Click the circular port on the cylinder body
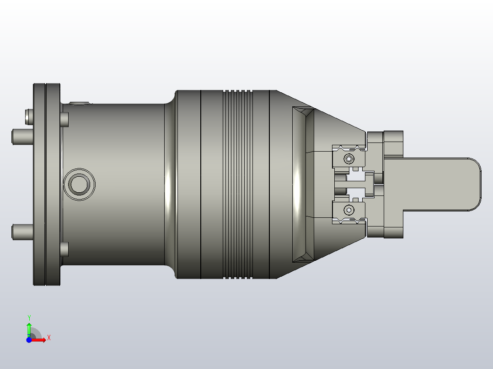click(80, 184)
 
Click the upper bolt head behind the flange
click(64, 119)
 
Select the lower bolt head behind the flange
click(64, 249)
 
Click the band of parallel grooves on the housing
click(237, 184)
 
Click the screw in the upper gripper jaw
click(349, 159)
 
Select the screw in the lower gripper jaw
click(349, 210)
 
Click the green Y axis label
click(29, 317)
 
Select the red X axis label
click(48, 338)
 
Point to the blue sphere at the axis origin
click(29, 340)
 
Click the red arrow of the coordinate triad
click(40, 340)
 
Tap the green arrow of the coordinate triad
click(29, 328)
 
